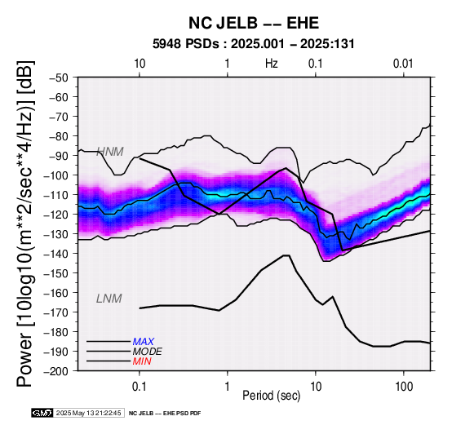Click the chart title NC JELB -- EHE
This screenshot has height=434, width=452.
pyautogui.click(x=254, y=23)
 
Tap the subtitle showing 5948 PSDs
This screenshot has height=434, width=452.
pyautogui.click(x=254, y=44)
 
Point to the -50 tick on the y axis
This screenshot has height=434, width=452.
pyautogui.click(x=60, y=77)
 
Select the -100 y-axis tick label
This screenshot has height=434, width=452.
pyautogui.click(x=57, y=175)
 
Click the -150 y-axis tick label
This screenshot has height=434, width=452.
pyautogui.click(x=57, y=273)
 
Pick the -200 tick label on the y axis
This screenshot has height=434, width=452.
pyautogui.click(x=57, y=371)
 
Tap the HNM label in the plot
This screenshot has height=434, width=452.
pyautogui.click(x=110, y=152)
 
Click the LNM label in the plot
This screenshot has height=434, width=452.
pyautogui.click(x=109, y=299)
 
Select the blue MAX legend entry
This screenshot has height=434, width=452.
pyautogui.click(x=144, y=342)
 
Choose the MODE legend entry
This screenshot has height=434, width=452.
pyautogui.click(x=148, y=352)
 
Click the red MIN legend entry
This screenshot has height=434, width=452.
pyautogui.click(x=142, y=361)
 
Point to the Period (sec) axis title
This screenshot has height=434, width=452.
pyautogui.click(x=271, y=396)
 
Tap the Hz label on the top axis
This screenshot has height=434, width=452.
pyautogui.click(x=272, y=64)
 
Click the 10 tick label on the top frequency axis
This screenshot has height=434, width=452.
pyautogui.click(x=140, y=64)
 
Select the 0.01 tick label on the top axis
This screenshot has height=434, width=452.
pyautogui.click(x=403, y=64)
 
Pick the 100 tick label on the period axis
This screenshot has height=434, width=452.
pyautogui.click(x=404, y=387)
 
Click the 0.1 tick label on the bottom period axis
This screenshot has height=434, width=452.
pyautogui.click(x=140, y=387)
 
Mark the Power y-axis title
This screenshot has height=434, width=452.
pyautogui.click(x=24, y=224)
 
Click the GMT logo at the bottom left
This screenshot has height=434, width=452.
pyautogui.click(x=42, y=414)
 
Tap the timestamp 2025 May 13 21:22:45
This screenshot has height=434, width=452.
pyautogui.click(x=88, y=414)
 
